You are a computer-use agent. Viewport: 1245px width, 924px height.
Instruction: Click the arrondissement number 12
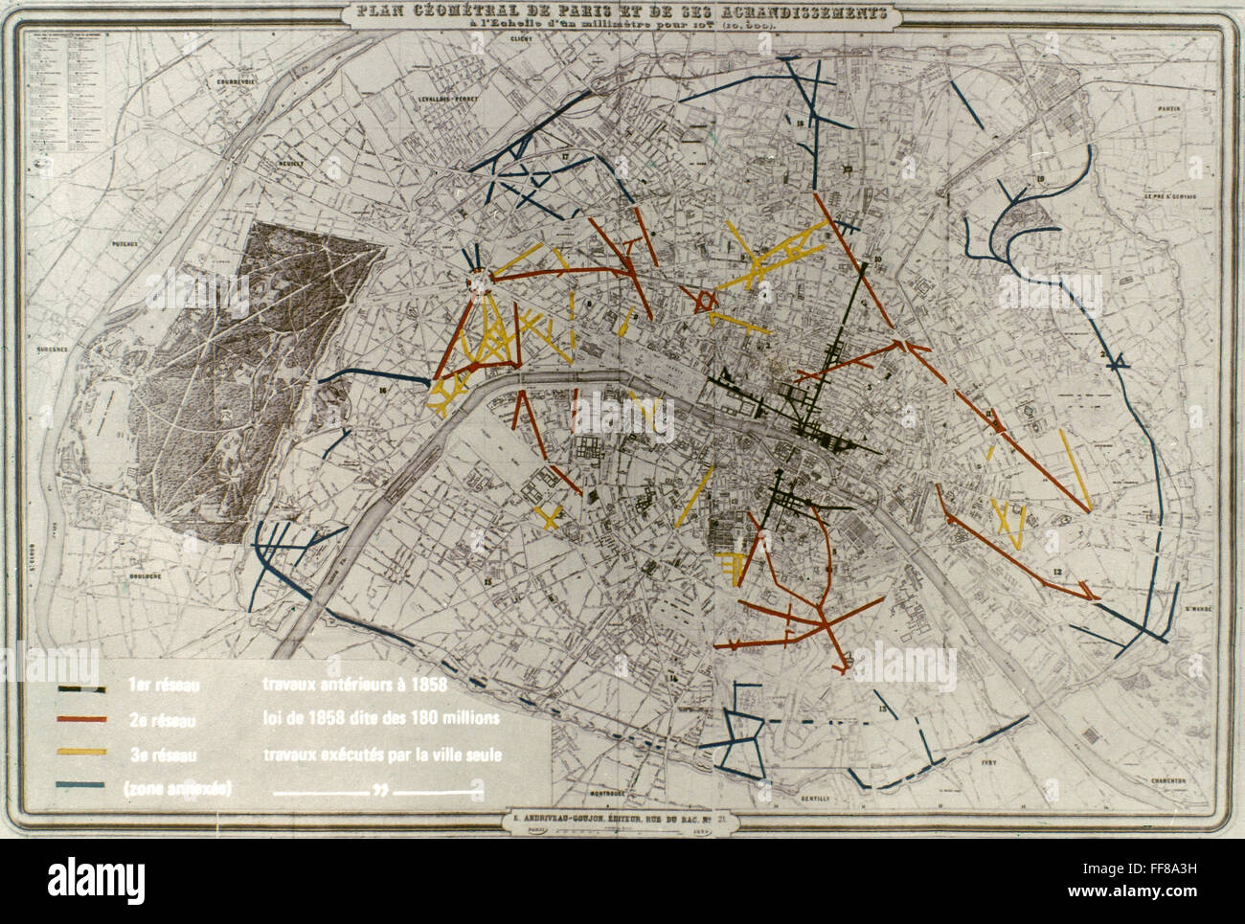1057,572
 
